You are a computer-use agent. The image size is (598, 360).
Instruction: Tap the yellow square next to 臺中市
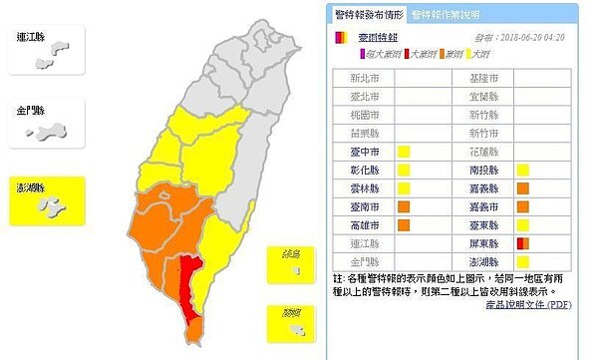405,153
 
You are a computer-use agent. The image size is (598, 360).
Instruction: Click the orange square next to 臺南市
405,206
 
